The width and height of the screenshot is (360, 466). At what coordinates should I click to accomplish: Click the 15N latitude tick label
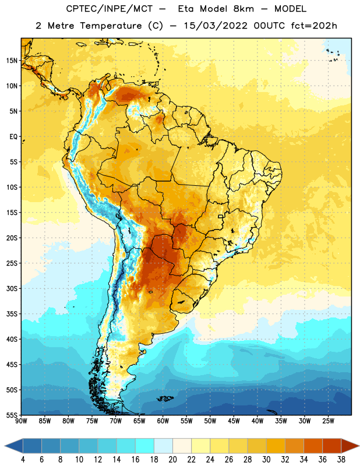(12, 61)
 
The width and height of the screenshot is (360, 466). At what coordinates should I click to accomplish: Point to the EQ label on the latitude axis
(13, 137)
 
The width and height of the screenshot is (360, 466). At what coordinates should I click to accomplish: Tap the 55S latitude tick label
(12, 415)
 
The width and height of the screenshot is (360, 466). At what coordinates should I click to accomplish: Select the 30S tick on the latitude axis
(12, 288)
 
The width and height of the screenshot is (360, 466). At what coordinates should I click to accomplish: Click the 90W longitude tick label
(21, 421)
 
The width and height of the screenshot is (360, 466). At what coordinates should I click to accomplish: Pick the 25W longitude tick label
(328, 421)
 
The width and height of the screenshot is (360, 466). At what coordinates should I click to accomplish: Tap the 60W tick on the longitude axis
(163, 421)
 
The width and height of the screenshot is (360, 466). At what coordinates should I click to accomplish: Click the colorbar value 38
(341, 460)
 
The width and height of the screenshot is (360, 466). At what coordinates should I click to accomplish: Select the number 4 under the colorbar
(23, 460)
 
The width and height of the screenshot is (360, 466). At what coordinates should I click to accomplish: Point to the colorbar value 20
(172, 460)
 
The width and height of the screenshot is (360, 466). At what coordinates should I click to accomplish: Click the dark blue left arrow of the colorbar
(13, 446)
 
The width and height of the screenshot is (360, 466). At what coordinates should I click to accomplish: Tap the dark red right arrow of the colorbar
(351, 446)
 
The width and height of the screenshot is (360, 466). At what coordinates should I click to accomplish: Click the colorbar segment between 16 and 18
(145, 446)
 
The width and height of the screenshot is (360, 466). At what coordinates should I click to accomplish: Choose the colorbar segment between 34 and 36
(313, 446)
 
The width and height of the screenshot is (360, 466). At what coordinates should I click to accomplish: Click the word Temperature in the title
(111, 26)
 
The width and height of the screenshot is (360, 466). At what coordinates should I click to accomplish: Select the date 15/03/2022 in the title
(216, 26)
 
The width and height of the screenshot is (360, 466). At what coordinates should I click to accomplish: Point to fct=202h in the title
(314, 26)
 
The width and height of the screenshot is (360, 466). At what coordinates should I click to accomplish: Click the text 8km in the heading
(243, 9)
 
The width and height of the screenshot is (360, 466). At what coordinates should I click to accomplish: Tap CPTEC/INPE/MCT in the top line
(110, 9)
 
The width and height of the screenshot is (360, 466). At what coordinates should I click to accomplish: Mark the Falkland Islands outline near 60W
(165, 398)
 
